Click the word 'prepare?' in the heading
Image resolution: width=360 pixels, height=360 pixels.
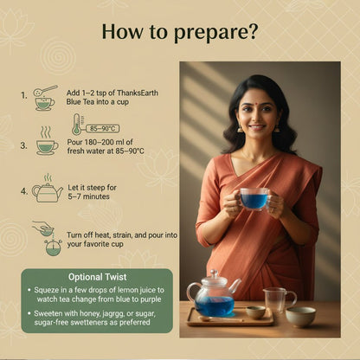215,33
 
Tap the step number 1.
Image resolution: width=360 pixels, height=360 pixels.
24,95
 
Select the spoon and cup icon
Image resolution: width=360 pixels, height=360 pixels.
45,98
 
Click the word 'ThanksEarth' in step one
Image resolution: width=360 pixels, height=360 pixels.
138,93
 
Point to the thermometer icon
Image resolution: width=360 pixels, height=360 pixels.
76,125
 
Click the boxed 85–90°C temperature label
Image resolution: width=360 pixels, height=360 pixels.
103,128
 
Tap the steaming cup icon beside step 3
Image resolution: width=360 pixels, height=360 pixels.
47,141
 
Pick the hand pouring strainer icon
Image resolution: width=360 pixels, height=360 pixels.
48,238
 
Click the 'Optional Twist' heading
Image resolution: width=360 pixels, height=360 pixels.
98,277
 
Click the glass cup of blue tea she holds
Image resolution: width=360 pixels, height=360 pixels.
254,199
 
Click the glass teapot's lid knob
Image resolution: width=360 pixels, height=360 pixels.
214,273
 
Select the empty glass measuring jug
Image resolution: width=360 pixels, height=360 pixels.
279,300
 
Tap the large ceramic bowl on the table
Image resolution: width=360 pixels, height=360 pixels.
300,317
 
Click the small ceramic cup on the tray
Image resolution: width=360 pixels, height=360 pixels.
255,312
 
